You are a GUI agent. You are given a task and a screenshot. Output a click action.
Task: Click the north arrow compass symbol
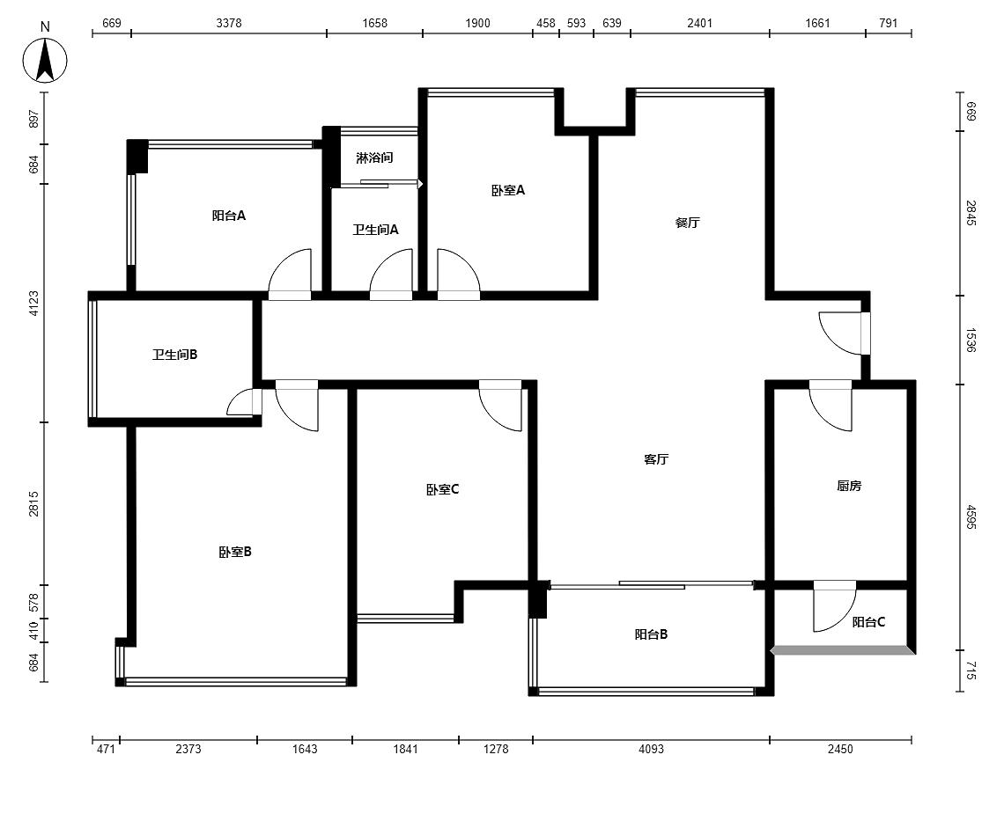[45, 61]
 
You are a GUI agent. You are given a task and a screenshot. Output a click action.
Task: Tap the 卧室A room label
[508, 190]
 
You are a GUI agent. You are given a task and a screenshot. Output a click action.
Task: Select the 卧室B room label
[235, 552]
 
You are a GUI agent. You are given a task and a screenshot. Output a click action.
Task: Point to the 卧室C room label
[442, 489]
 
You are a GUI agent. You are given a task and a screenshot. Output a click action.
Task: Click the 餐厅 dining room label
[687, 223]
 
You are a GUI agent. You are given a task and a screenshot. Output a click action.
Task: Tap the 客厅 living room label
[656, 459]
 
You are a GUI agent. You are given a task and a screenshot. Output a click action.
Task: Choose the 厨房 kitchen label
[849, 487]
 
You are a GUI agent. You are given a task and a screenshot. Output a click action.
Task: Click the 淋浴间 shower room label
[374, 158]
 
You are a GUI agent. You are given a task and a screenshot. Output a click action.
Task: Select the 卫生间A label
[375, 229]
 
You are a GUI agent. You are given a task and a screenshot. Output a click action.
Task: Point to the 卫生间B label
[174, 354]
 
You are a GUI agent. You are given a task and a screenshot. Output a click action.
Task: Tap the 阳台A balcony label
[229, 216]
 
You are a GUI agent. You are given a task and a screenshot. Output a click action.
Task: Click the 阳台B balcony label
[651, 634]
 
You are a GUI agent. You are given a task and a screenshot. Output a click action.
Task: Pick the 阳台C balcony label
[869, 622]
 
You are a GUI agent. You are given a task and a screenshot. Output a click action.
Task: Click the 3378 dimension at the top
[229, 23]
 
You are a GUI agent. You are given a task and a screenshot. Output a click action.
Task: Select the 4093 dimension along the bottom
[651, 749]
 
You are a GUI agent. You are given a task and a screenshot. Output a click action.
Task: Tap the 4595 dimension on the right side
[971, 517]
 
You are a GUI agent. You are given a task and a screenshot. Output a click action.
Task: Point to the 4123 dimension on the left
[33, 304]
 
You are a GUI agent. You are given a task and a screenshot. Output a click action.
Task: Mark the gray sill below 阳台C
[843, 651]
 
